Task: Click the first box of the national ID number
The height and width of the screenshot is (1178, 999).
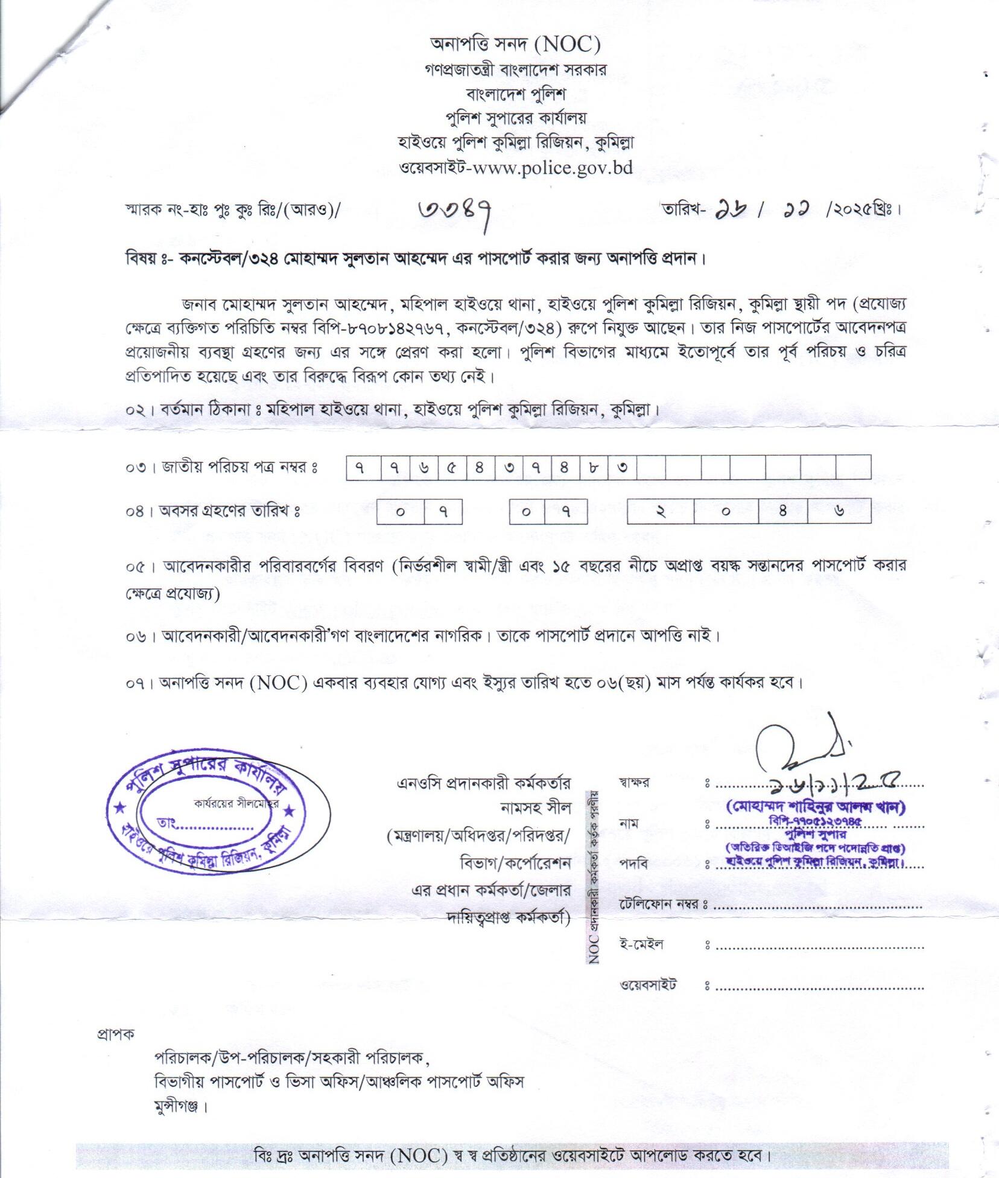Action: coord(364,468)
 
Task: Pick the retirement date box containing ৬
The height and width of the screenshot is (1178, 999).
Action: coord(839,512)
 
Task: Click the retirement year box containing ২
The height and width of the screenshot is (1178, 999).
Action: coord(661,512)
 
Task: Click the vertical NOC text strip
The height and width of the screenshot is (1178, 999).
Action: coord(594,881)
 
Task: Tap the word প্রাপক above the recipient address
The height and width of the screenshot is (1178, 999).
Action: coord(116,1033)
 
